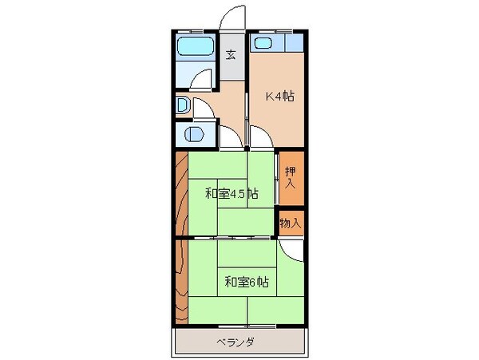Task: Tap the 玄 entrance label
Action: pyautogui.click(x=231, y=55)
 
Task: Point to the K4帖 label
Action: pyautogui.click(x=279, y=97)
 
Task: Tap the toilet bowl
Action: pyautogui.click(x=193, y=134)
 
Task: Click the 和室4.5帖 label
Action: pyautogui.click(x=231, y=192)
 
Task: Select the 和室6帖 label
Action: pyautogui.click(x=245, y=281)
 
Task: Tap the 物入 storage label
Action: pyautogui.click(x=291, y=223)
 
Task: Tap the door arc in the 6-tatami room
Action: pyautogui.click(x=294, y=248)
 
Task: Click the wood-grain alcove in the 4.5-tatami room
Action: pyautogui.click(x=180, y=192)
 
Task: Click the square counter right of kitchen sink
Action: pyautogui.click(x=293, y=43)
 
